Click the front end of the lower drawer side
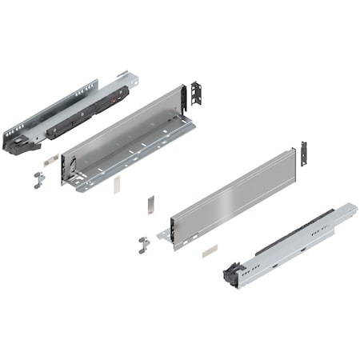pyautogui.click(x=170, y=232)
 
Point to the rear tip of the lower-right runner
pyautogui.click(x=351, y=209)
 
